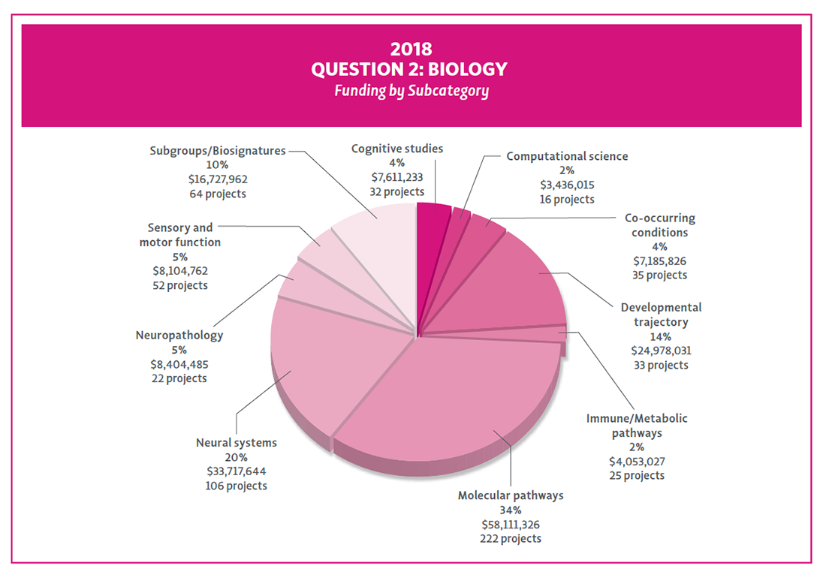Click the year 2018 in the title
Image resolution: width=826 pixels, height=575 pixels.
click(411, 49)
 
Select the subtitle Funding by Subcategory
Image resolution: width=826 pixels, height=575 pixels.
click(411, 91)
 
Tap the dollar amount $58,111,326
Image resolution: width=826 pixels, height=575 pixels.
click(511, 524)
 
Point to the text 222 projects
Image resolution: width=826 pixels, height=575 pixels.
click(511, 538)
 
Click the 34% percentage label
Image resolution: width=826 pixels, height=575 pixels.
click(511, 510)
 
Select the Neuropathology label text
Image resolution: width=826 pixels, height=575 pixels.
click(179, 336)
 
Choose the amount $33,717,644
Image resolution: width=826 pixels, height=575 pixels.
click(237, 471)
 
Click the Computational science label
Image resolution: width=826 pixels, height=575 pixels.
click(567, 156)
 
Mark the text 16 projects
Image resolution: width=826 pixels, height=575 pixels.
click(567, 199)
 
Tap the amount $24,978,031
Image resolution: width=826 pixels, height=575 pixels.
click(661, 351)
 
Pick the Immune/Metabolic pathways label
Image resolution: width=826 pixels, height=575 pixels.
click(637, 426)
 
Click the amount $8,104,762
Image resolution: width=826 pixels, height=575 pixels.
click(180, 271)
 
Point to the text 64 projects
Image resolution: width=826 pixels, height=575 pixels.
click(218, 194)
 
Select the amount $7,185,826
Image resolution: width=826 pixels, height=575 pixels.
click(660, 260)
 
